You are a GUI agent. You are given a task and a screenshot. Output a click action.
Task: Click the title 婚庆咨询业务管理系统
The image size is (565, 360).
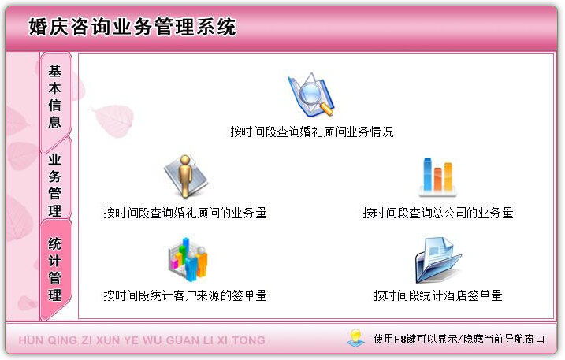[x=132, y=27]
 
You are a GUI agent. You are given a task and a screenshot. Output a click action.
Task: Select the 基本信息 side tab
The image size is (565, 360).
[x=55, y=97]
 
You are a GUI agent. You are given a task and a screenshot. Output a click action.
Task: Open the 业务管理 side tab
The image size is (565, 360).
[x=55, y=184]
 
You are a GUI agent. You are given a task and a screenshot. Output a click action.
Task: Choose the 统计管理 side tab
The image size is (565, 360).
[x=55, y=269]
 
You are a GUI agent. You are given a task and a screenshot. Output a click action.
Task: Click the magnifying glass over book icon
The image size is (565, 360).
[x=311, y=95]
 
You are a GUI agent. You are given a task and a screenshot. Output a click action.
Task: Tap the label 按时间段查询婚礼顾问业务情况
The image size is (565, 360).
[x=312, y=132]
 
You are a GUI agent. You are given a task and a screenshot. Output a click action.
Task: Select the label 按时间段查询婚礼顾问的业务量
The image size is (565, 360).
[x=185, y=213]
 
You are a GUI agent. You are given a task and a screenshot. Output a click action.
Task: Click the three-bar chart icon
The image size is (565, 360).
[x=438, y=176]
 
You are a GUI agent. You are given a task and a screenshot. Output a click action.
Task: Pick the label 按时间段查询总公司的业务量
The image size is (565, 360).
[x=438, y=213]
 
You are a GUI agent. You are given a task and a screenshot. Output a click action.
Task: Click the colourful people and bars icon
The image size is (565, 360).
[x=188, y=259]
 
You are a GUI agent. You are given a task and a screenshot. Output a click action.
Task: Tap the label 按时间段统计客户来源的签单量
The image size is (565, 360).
[x=185, y=296]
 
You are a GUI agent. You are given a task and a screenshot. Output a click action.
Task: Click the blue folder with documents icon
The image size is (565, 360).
[x=437, y=259]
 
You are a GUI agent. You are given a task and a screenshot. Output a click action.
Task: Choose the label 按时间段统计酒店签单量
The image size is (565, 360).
[x=438, y=296]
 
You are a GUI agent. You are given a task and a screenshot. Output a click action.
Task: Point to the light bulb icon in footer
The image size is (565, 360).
[x=355, y=339]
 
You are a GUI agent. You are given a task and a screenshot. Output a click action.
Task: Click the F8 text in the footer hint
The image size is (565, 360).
[x=400, y=340]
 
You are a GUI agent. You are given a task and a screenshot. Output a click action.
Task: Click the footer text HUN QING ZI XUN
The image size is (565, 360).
[x=69, y=340]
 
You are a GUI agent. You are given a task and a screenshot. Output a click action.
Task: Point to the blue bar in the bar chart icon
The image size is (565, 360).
[x=427, y=174]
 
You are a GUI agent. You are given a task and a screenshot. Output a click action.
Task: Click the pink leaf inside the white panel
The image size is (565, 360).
[x=113, y=121]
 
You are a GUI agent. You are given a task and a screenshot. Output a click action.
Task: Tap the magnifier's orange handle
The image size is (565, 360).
[x=326, y=109]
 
